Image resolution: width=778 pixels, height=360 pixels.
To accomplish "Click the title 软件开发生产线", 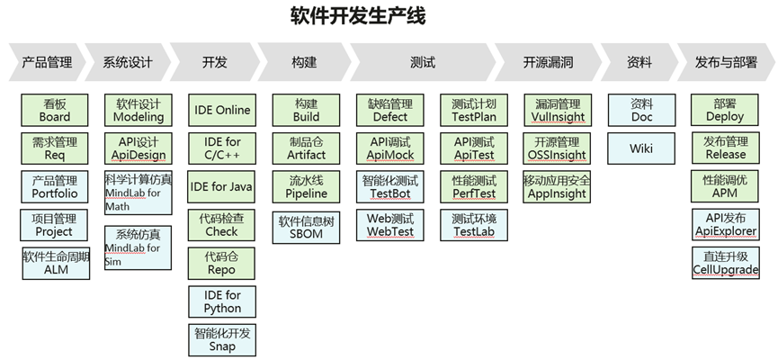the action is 358,15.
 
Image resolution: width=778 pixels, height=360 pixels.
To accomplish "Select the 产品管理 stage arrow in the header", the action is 47,62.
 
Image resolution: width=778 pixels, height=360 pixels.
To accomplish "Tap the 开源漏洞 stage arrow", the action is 548,62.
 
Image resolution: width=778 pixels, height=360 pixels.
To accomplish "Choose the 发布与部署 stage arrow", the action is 726,62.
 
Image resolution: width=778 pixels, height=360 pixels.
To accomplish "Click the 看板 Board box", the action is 55,110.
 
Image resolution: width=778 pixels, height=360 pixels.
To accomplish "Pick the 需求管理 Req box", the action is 55,148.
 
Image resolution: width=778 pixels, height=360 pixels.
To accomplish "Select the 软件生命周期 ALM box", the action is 56,263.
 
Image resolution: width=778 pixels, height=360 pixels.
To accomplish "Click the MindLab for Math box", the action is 139,193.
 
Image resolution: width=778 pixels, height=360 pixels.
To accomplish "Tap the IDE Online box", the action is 222,110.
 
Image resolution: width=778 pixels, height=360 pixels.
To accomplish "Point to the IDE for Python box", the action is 222,301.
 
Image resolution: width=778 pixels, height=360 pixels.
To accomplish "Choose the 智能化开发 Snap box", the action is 222,339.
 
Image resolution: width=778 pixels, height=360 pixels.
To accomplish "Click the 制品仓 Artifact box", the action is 306,148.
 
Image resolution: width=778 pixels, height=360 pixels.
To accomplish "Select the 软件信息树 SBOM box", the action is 306,228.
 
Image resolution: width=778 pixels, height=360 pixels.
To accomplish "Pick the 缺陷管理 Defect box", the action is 390,110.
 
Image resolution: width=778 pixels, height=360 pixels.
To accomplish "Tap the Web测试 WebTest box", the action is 390,225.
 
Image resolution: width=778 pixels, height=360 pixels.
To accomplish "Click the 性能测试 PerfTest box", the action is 474,186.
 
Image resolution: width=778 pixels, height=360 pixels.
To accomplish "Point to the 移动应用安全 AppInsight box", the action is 558,186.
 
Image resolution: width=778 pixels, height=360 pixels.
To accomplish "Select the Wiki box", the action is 641,148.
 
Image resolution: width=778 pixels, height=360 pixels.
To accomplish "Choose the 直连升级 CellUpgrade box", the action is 726,263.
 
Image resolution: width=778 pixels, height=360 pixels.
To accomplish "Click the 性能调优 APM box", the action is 725,186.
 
